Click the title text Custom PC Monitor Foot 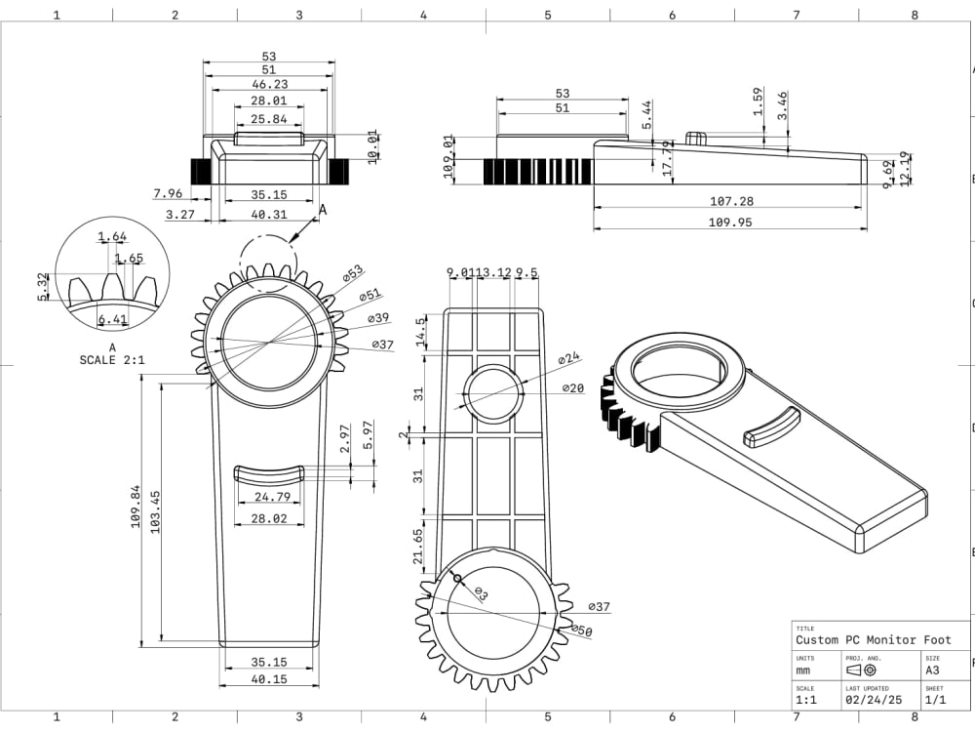click(873, 640)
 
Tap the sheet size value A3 click(932, 671)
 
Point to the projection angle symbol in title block click(862, 671)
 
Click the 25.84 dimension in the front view click(268, 119)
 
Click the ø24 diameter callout click(569, 359)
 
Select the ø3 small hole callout click(482, 592)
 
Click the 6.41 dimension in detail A click(113, 319)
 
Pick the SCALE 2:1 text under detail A click(112, 360)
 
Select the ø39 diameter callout click(379, 319)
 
